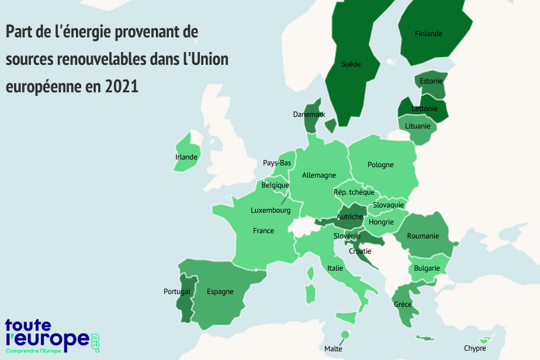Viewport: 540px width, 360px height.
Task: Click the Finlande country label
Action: [428, 34]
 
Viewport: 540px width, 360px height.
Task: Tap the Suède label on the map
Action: [351, 64]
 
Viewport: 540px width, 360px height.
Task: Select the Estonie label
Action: [431, 81]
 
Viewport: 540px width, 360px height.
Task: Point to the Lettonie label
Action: [424, 108]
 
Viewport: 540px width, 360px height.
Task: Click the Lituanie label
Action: [418, 126]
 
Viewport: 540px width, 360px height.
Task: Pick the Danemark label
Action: [309, 114]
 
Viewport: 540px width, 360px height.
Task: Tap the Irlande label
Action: [186, 157]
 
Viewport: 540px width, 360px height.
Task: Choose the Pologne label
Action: [380, 165]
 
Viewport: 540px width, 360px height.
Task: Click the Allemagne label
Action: [319, 175]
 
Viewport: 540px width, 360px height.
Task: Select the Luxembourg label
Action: [270, 210]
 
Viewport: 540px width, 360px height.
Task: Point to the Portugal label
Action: [177, 292]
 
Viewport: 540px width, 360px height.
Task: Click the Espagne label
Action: [220, 292]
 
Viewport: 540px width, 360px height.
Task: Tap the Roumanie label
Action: [423, 236]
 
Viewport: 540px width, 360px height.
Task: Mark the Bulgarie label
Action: [427, 268]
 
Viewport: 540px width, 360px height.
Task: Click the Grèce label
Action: [403, 305]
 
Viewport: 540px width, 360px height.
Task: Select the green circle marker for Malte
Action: [345, 334]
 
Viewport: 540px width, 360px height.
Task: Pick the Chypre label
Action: [475, 348]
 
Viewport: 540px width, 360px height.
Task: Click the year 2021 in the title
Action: [121, 86]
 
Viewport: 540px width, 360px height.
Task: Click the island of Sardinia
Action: [309, 293]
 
